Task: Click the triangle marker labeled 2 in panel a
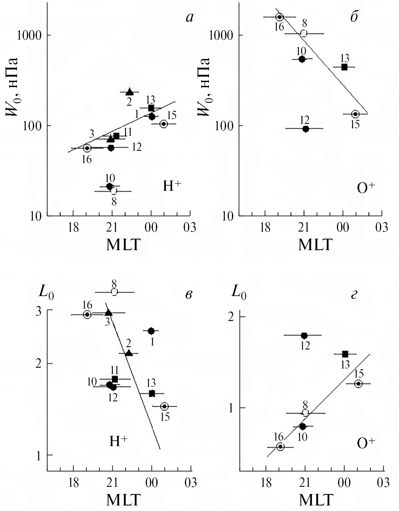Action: tap(129, 92)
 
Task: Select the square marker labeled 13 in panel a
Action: tap(151, 108)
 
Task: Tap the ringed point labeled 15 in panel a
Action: tap(163, 124)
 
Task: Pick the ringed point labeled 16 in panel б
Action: tap(279, 17)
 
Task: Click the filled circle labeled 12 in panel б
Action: tap(306, 129)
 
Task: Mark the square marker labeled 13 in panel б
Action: tap(344, 67)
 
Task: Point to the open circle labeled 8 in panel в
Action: tap(114, 292)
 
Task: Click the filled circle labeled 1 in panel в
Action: tap(151, 331)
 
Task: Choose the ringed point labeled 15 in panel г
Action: tap(358, 384)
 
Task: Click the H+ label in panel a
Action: tap(172, 186)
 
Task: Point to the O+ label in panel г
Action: tap(365, 443)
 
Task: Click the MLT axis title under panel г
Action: tap(315, 500)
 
